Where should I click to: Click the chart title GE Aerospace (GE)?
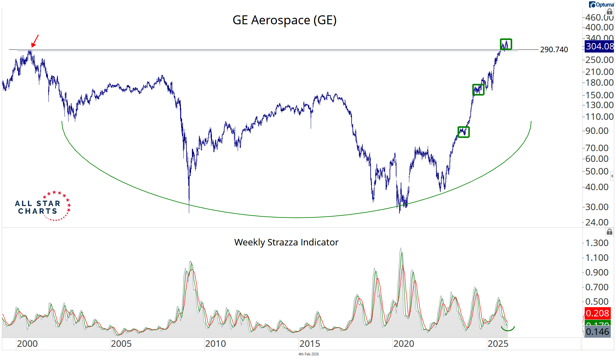[284, 20]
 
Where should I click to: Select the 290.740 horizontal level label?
[554, 49]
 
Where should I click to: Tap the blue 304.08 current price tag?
[599, 46]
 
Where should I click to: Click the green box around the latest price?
[506, 44]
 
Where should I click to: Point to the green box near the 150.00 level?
[478, 90]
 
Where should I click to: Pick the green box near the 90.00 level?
[463, 132]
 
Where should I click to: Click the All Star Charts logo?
[43, 206]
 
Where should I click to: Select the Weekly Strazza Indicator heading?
[286, 242]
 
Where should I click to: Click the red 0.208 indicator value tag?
[597, 313]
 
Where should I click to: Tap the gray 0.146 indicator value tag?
[597, 332]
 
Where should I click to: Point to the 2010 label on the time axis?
[215, 344]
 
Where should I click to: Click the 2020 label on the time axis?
[404, 344]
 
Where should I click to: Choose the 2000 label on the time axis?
[27, 344]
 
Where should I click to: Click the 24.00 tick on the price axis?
[597, 222]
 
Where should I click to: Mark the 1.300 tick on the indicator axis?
[597, 243]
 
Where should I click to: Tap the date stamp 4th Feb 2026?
[308, 354]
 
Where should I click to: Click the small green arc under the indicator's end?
[508, 329]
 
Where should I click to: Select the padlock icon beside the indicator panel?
[609, 232]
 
